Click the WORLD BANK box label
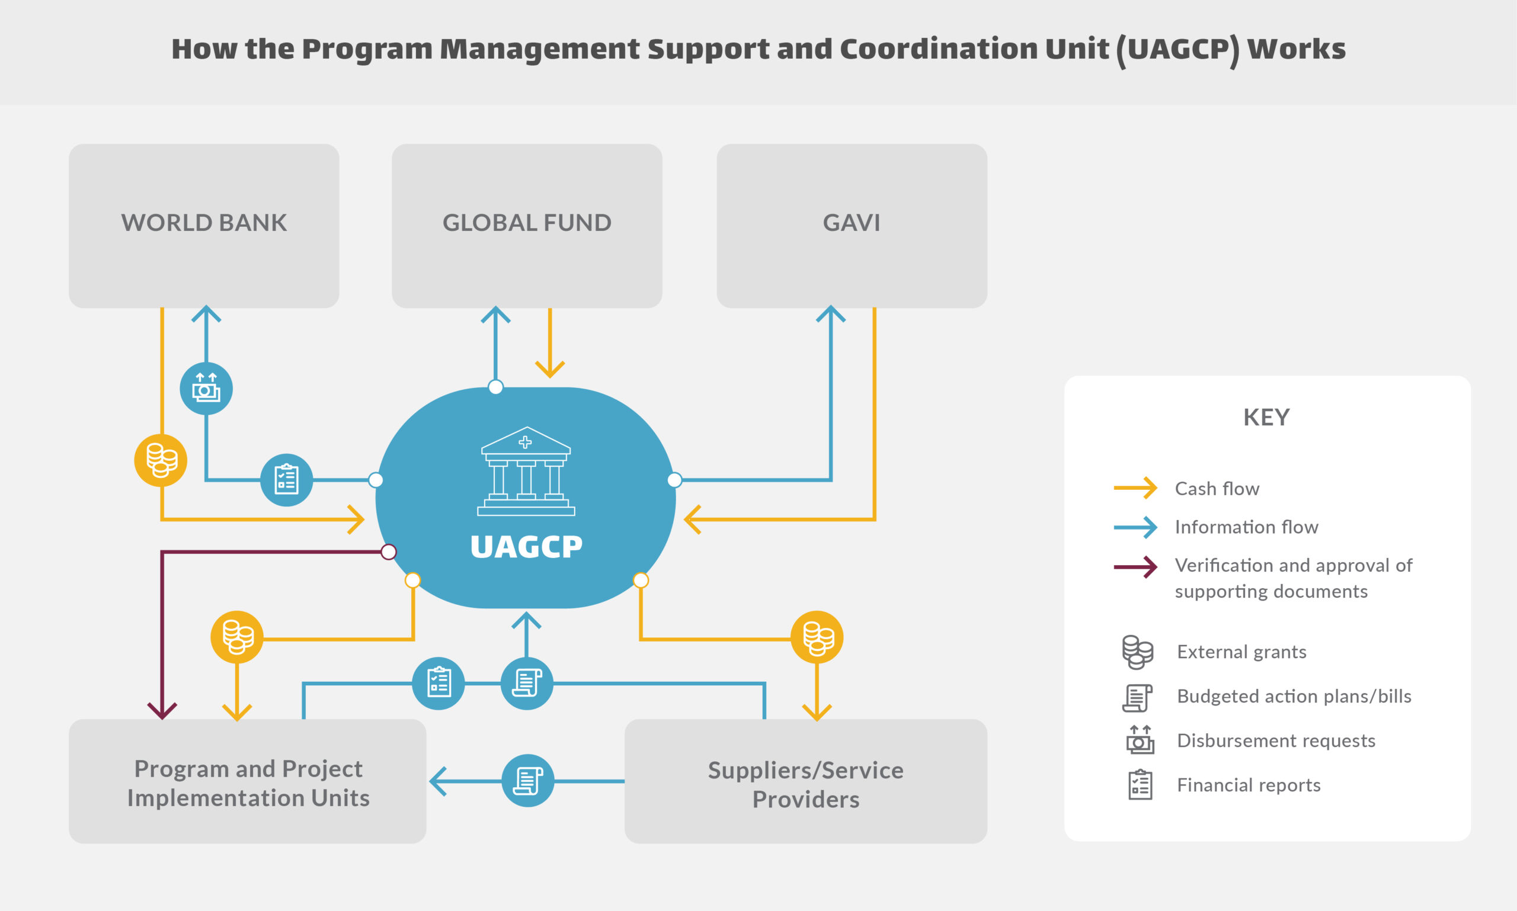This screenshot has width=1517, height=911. tap(204, 223)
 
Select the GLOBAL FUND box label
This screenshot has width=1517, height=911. tap(527, 223)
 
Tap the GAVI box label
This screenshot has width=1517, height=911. tap(852, 223)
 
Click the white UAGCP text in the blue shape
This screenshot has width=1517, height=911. tap(526, 547)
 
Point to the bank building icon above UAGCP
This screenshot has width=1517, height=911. tap(526, 471)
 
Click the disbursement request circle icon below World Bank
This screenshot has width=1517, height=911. tap(206, 389)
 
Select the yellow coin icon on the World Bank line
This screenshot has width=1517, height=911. tap(161, 460)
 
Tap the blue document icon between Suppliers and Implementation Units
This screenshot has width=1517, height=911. tap(528, 781)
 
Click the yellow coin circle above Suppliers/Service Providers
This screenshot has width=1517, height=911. tap(817, 637)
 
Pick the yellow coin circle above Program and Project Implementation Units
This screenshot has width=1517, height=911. tap(237, 637)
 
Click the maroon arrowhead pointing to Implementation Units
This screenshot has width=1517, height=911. tap(162, 711)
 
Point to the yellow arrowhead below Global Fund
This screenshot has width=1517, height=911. tap(550, 370)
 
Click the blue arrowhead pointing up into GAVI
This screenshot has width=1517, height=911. tap(831, 314)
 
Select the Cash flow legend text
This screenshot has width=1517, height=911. tap(1217, 489)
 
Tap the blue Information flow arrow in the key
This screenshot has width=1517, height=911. tap(1135, 527)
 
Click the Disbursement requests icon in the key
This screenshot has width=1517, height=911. tap(1140, 740)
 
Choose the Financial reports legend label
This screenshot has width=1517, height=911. tap(1249, 785)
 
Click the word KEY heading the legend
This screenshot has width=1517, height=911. tap(1266, 418)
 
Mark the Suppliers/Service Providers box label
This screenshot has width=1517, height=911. tap(806, 785)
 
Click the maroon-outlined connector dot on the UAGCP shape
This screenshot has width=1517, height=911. tap(389, 552)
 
